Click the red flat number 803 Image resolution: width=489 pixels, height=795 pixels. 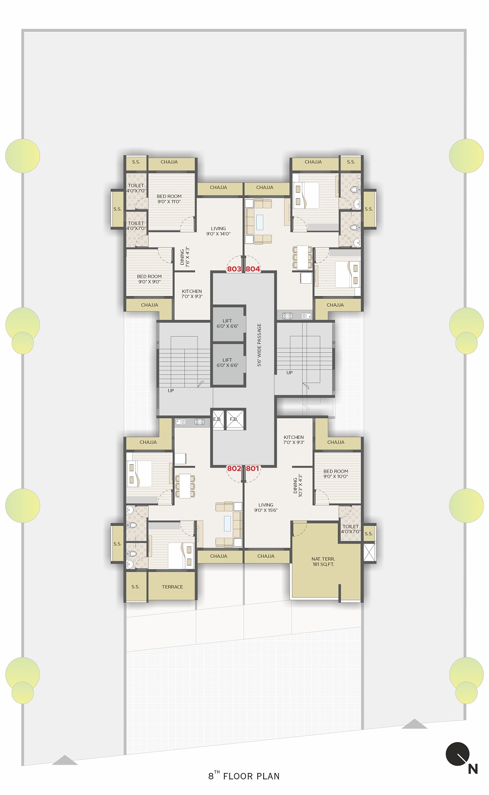[x=234, y=269]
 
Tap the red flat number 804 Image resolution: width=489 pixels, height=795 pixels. [x=253, y=269]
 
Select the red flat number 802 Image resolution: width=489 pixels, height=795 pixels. [x=234, y=469]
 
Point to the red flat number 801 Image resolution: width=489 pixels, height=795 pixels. [x=252, y=469]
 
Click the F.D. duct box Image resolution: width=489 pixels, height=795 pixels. [x=235, y=419]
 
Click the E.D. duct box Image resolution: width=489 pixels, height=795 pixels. [x=218, y=419]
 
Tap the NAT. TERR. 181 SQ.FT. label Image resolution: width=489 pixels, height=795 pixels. [x=323, y=562]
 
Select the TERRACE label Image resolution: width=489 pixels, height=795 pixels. [x=173, y=587]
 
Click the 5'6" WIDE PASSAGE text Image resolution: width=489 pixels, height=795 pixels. [x=259, y=345]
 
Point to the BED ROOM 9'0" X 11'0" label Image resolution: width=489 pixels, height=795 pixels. [x=169, y=199]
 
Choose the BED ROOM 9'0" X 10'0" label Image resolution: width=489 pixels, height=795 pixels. [x=336, y=474]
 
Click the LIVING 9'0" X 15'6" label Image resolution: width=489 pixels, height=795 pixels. [x=266, y=507]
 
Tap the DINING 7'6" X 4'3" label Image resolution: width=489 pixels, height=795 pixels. [x=185, y=257]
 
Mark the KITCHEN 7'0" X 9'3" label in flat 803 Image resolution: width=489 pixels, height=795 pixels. [x=192, y=294]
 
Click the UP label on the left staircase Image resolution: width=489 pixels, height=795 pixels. [x=171, y=390]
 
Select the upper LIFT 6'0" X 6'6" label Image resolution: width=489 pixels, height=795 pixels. [x=227, y=323]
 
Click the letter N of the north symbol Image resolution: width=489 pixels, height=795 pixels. [x=473, y=769]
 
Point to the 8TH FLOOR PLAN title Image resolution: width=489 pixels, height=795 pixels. [x=244, y=776]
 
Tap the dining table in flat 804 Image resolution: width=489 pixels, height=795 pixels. [x=302, y=257]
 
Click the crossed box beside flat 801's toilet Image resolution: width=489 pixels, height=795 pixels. [x=369, y=552]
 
